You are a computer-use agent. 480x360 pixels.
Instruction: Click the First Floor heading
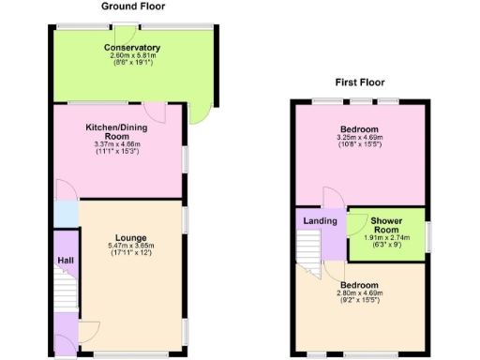point(360,82)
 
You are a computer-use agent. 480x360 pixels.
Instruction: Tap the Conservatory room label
point(132,48)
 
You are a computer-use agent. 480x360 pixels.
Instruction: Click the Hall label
point(65,261)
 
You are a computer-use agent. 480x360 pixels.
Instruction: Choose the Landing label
point(320,220)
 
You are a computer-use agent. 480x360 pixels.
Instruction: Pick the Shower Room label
point(387,225)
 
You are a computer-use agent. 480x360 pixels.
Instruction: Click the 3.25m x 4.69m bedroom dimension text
point(359,138)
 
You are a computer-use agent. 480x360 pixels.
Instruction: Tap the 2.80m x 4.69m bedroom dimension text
point(359,293)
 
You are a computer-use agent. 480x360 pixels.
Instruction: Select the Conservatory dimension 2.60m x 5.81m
point(132,56)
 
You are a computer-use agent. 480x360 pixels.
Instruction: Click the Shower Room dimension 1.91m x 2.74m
point(387,238)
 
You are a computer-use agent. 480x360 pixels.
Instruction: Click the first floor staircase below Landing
point(309,248)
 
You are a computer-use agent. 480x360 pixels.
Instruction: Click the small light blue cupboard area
point(66,213)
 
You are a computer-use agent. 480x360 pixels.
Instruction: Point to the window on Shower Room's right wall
point(427,236)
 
